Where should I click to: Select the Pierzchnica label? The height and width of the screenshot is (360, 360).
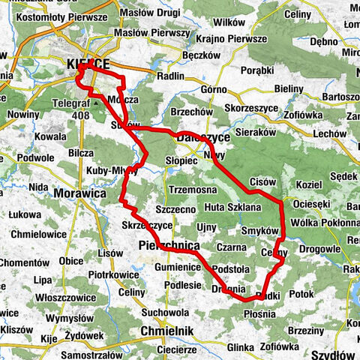pos(169,244)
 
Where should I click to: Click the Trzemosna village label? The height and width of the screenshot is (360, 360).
pos(193,190)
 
